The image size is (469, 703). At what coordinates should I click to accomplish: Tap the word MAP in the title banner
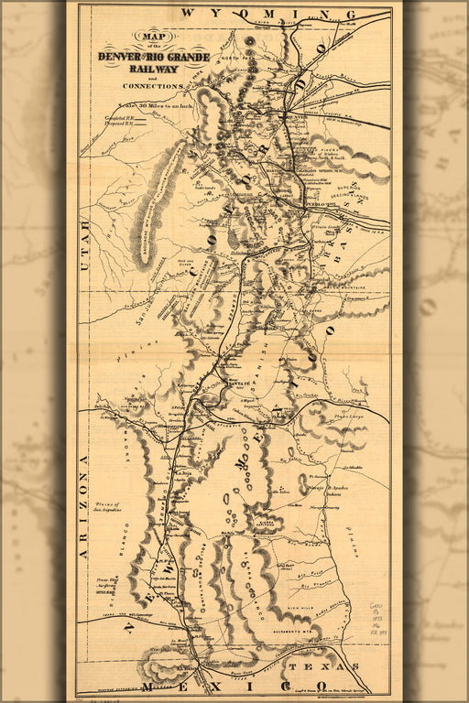pos(145,37)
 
